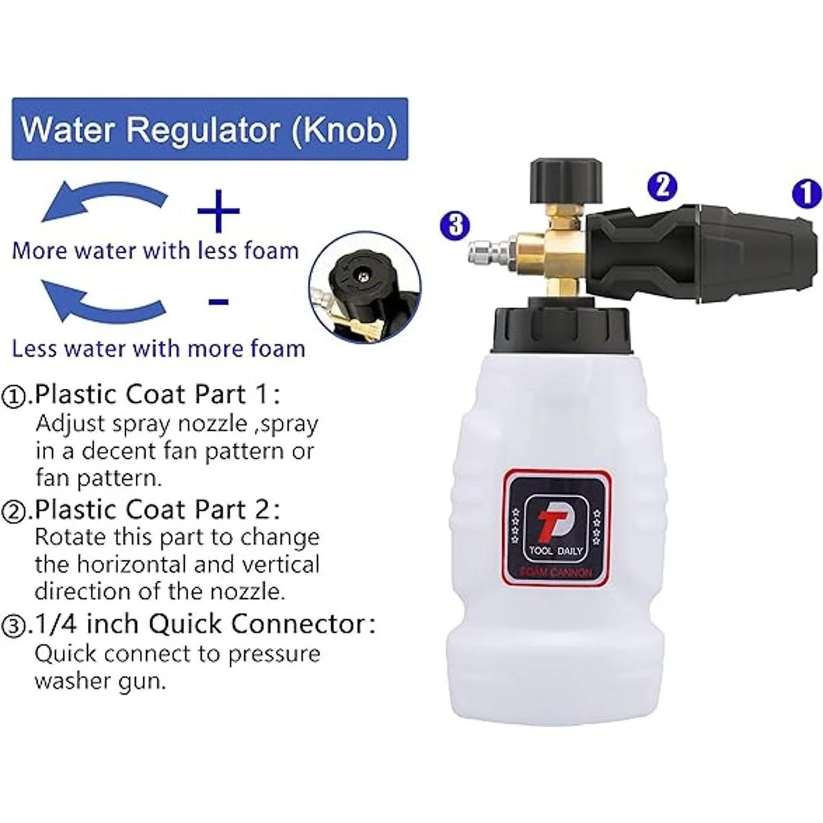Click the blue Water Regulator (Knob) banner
click(210, 129)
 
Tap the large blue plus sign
click(218, 211)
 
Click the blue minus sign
click(219, 302)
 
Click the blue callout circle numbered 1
click(807, 194)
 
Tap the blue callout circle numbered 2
click(662, 187)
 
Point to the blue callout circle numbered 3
click(455, 225)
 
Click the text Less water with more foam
click(158, 349)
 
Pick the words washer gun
click(100, 682)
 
